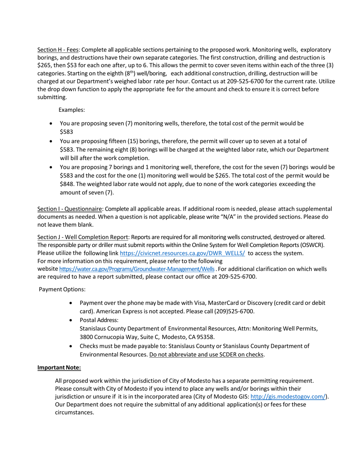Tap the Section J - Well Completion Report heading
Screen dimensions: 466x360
coord(83,237)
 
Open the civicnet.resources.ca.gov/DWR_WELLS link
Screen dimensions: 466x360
coord(182,253)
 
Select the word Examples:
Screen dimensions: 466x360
coord(72,110)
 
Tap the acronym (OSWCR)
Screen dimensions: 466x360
coord(314,245)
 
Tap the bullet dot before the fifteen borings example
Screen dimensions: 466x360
coord(52,142)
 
